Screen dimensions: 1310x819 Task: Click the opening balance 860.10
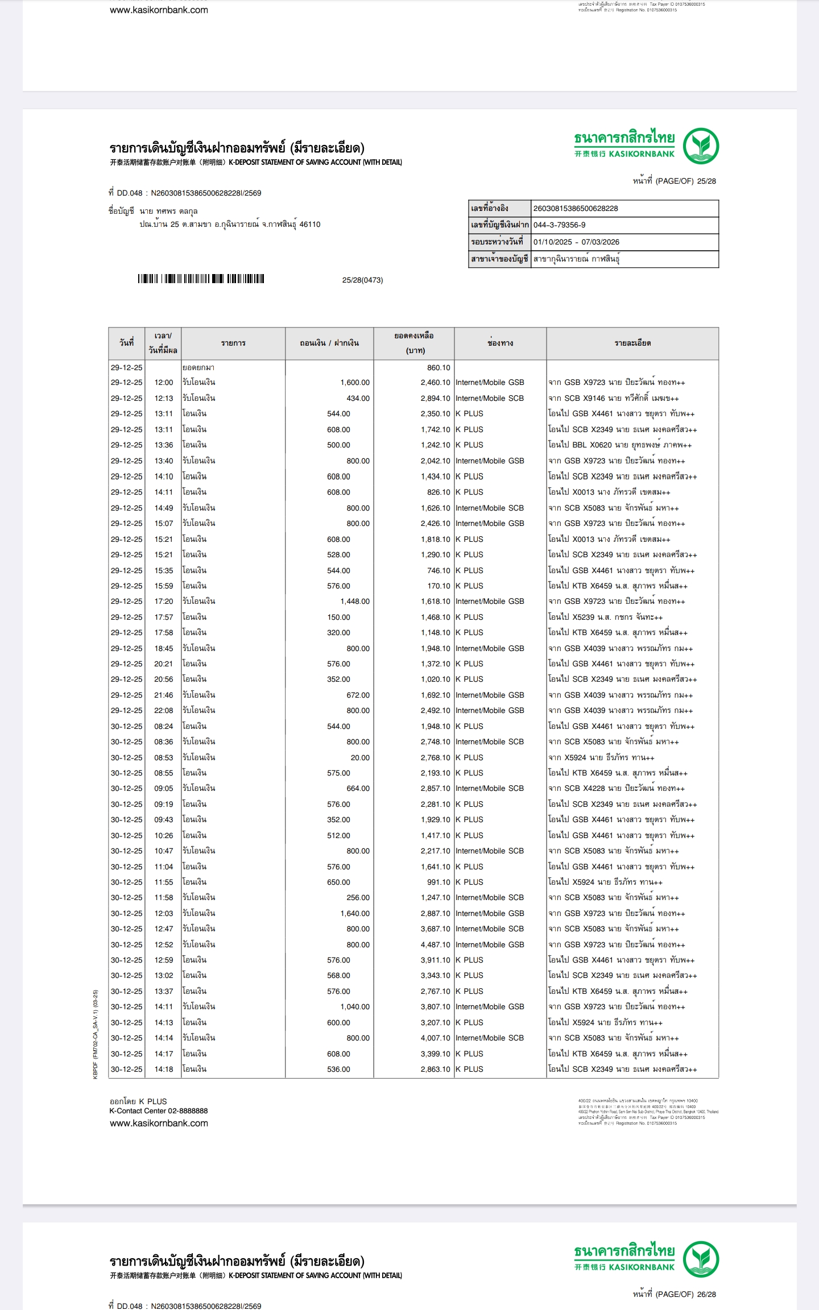[438, 368]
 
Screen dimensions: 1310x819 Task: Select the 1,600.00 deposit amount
[355, 383]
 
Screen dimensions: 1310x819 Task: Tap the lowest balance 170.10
[438, 586]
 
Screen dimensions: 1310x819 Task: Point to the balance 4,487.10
[435, 944]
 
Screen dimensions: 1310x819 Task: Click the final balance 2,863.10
[435, 1069]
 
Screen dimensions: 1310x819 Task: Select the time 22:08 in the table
[163, 710]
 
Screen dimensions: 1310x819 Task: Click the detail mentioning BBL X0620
[619, 445]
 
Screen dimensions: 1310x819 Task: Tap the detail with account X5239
[605, 617]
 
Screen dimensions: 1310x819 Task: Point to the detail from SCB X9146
[613, 399]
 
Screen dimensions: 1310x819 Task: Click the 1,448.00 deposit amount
[355, 601]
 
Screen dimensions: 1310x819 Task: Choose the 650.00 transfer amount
[338, 882]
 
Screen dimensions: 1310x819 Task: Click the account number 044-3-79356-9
[559, 225]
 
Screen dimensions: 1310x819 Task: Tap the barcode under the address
[201, 279]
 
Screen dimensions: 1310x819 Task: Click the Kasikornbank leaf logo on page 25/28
[701, 146]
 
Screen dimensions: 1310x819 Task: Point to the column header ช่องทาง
[500, 343]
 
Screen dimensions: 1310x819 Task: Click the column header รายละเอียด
[632, 343]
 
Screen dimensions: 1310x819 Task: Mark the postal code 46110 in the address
[310, 225]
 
